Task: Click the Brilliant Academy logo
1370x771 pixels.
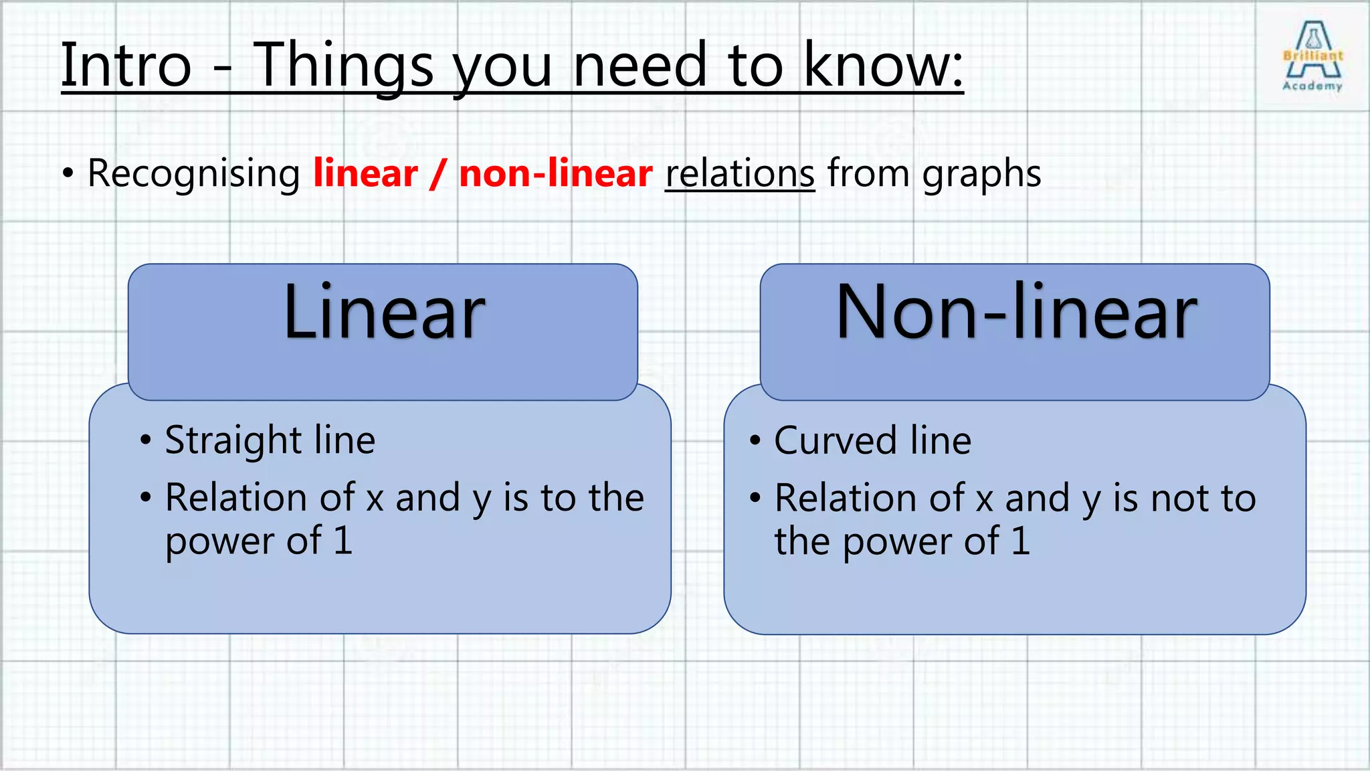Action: [x=1312, y=56]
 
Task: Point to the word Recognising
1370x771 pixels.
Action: [x=194, y=174]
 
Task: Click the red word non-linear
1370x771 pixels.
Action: [x=555, y=174]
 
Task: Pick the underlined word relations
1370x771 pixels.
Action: [x=740, y=174]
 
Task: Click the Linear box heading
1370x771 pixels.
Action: [x=384, y=312]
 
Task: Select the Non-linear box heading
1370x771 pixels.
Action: [x=1016, y=312]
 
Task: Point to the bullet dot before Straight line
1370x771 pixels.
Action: [x=146, y=440]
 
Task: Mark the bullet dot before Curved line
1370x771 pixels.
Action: [x=755, y=440]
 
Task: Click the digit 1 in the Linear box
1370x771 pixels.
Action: [x=343, y=541]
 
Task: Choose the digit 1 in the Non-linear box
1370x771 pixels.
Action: [x=1021, y=541]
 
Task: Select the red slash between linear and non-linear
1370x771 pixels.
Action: [x=438, y=174]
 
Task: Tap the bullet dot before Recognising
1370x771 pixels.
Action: [x=68, y=174]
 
